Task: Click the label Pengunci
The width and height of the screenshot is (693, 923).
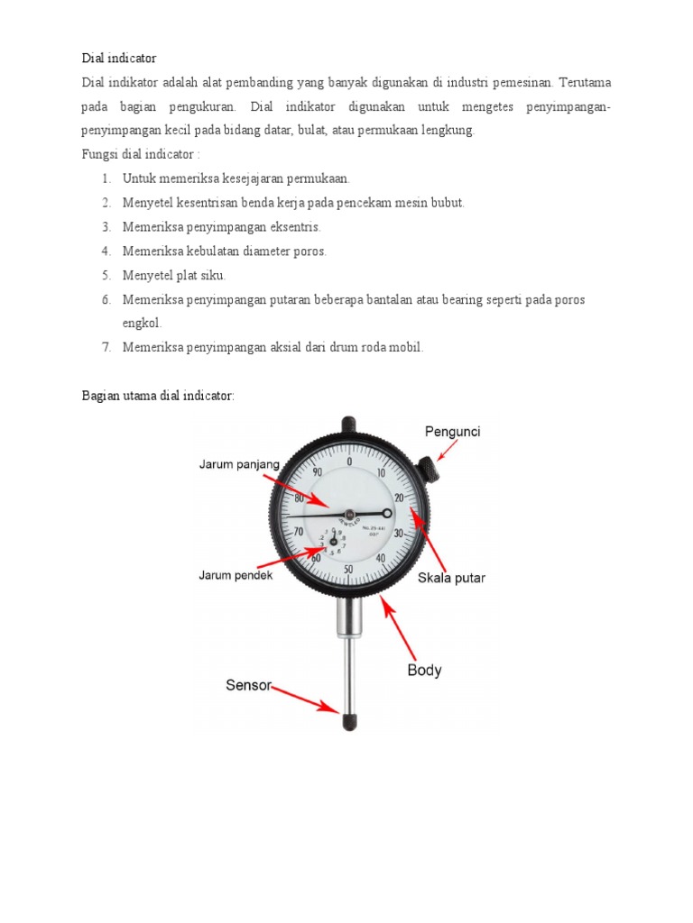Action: (452, 432)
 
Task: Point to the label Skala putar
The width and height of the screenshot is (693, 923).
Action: (451, 578)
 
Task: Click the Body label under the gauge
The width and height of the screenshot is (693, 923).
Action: (424, 671)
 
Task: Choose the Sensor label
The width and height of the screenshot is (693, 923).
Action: (248, 685)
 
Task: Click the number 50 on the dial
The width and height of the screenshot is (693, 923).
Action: (348, 569)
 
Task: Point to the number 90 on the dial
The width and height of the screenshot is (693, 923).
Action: (317, 471)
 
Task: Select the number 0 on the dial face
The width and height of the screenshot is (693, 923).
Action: (349, 461)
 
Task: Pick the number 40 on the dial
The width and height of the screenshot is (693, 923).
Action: (381, 559)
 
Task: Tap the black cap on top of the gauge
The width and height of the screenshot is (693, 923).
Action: (349, 422)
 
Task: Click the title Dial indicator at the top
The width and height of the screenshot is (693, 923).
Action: (118, 58)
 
